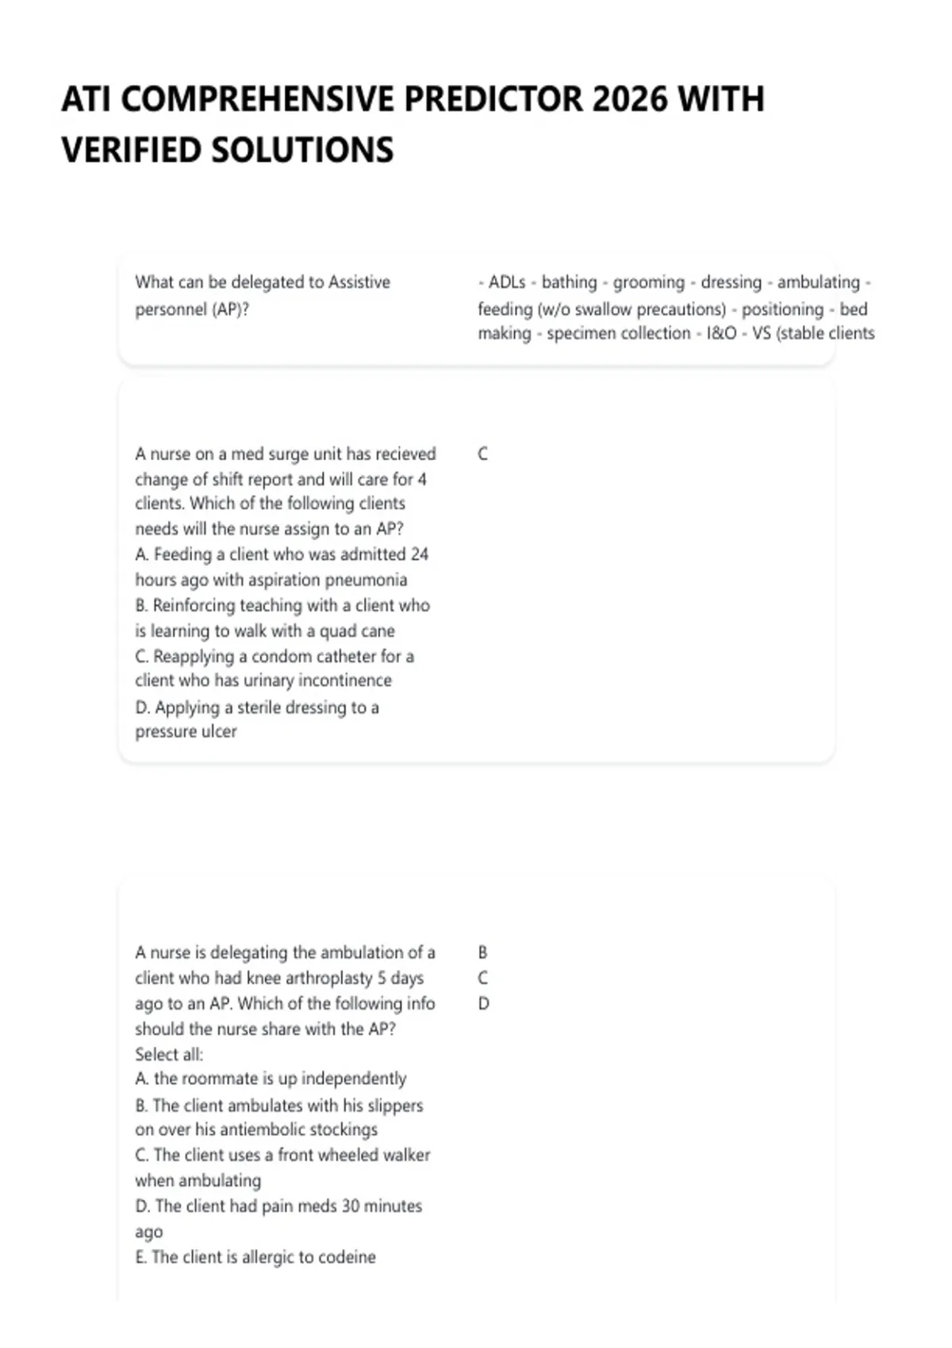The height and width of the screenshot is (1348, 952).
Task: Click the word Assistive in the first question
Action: pyautogui.click(x=359, y=282)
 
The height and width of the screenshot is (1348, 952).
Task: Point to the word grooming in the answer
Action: pyautogui.click(x=648, y=282)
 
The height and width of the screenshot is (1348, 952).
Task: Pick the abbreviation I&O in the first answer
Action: pyautogui.click(x=721, y=334)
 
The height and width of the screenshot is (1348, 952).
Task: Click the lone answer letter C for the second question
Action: pyautogui.click(x=482, y=454)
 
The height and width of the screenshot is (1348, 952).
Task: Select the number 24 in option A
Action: pyautogui.click(x=420, y=554)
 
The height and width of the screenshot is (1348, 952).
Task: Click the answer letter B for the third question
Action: pyautogui.click(x=482, y=952)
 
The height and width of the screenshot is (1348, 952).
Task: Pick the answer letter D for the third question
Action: pyautogui.click(x=483, y=1004)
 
